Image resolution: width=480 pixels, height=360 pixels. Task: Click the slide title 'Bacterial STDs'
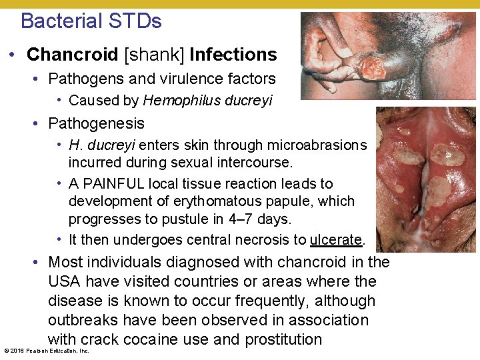[91, 21]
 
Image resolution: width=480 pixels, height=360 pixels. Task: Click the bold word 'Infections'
[233, 54]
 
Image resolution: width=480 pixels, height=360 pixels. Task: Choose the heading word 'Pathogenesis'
[96, 123]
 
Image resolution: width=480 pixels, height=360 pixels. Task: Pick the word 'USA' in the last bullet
[65, 281]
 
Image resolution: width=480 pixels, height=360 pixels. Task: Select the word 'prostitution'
[283, 339]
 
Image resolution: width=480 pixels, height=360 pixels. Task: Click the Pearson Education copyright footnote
[46, 351]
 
